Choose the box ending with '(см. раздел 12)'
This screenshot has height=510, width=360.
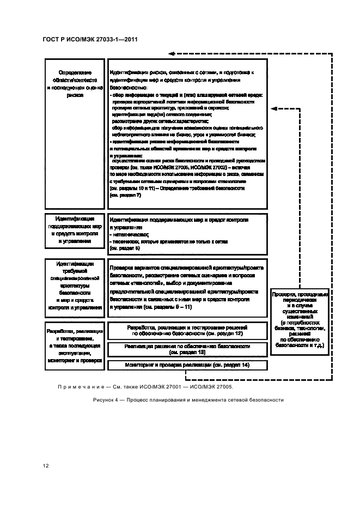click(x=187, y=330)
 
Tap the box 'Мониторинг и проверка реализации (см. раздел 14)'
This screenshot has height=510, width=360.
click(x=187, y=365)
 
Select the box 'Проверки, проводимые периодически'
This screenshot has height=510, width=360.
click(x=300, y=319)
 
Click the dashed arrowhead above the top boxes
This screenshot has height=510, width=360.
click(x=171, y=53)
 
